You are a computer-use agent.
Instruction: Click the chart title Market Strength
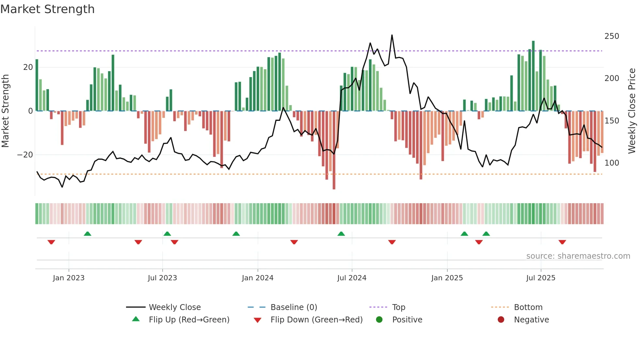[x=47, y=9]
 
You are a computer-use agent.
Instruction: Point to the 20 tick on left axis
[x=28, y=67]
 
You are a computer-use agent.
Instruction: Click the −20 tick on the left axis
[x=25, y=155]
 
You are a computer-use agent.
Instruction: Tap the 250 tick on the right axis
[x=612, y=36]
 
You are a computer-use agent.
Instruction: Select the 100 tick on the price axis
[x=612, y=163]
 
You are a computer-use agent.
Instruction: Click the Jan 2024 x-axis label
[x=257, y=278]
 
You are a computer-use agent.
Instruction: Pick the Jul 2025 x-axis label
[x=540, y=278]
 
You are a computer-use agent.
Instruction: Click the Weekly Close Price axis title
[x=632, y=111]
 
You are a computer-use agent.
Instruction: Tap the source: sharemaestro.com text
[x=578, y=256]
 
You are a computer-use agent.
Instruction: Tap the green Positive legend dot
[x=379, y=320]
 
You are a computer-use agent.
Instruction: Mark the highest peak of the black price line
[x=392, y=35]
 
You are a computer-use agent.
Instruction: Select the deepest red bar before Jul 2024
[x=334, y=150]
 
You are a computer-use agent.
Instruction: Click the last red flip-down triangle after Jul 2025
[x=562, y=242]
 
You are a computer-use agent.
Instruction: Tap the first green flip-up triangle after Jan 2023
[x=87, y=234]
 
